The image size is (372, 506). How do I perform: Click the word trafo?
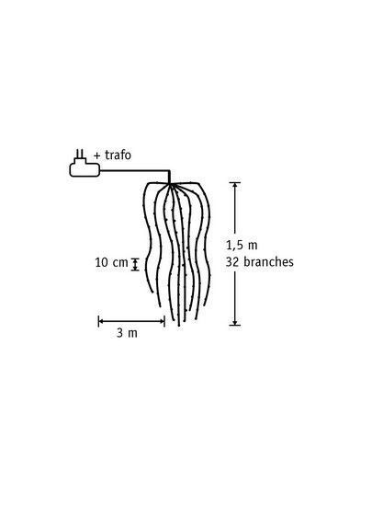pos(118,155)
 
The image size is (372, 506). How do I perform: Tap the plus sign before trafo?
pos(97,155)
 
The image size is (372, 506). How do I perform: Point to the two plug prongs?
pos(80,154)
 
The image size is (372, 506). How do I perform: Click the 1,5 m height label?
pos(242,246)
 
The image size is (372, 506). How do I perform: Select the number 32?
pos(231,261)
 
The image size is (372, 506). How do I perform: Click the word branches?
pos(268,261)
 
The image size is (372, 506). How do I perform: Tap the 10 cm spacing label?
pos(111,262)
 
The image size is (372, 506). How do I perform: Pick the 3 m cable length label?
pos(127,333)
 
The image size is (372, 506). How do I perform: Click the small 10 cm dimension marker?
pos(135,264)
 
